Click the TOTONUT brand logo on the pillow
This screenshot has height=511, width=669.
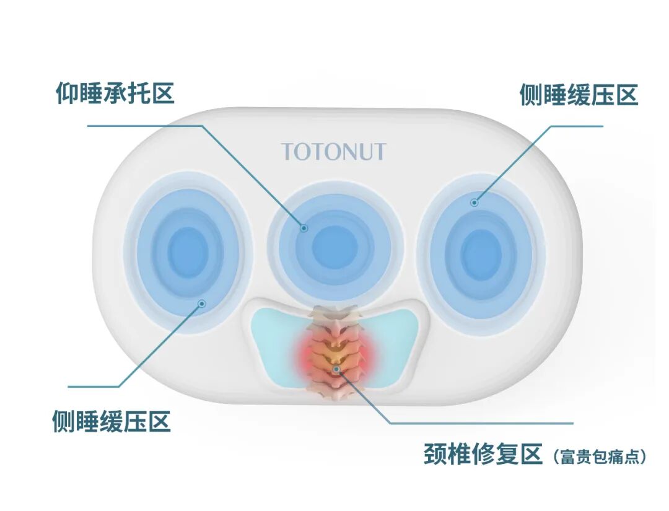[333, 152]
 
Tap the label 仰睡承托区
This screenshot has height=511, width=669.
[115, 94]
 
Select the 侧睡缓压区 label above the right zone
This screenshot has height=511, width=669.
[579, 95]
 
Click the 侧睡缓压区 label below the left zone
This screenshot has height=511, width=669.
[111, 422]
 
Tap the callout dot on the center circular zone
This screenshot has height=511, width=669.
[304, 228]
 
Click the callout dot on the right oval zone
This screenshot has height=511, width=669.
[474, 202]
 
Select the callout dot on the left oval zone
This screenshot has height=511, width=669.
[201, 304]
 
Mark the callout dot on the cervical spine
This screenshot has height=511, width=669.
[336, 370]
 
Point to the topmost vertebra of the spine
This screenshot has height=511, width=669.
[335, 313]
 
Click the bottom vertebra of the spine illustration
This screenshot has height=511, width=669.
[335, 393]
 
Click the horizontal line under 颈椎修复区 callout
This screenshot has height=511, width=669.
[483, 424]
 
